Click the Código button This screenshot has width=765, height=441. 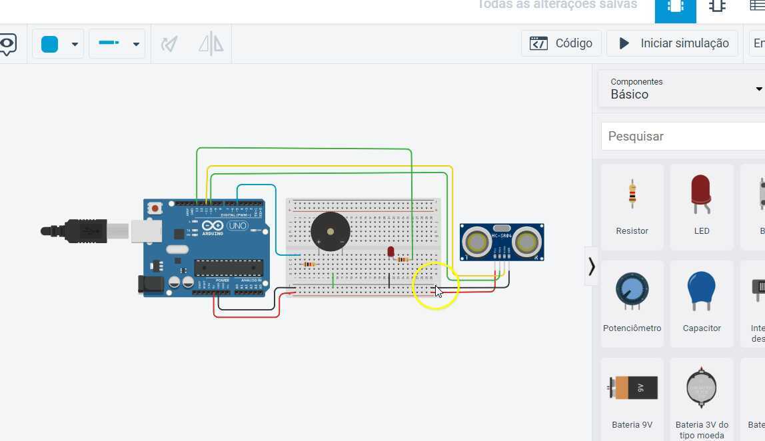tap(561, 43)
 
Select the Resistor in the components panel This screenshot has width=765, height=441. tap(632, 206)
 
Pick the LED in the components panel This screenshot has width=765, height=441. tap(701, 206)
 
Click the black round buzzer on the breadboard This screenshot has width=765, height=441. tap(330, 232)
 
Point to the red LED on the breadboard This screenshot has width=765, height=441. tap(390, 252)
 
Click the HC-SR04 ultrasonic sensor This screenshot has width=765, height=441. tap(502, 241)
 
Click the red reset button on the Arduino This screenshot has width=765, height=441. tap(155, 209)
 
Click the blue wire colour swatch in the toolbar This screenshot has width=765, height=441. tap(50, 44)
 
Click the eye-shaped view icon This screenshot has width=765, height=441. tap(7, 45)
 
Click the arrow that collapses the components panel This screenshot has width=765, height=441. tap(591, 266)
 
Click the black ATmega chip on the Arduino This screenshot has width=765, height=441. tap(229, 268)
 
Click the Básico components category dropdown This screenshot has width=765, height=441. tap(683, 89)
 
